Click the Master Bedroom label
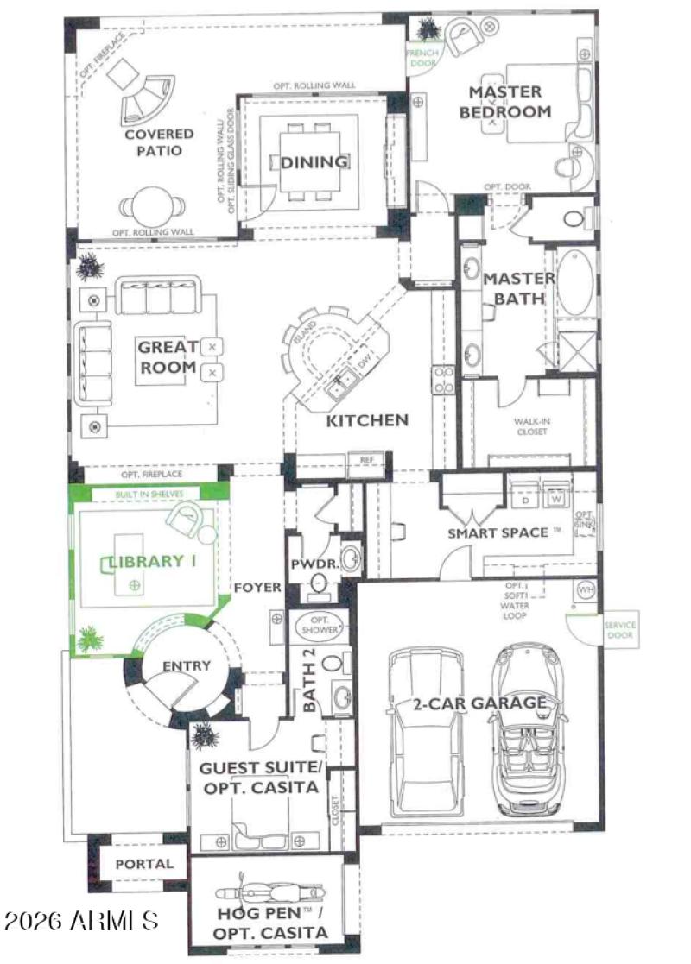pos(505,101)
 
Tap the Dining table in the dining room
pos(314,162)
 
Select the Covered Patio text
pos(158,142)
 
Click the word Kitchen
pos(367,421)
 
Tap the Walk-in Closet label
pos(532,426)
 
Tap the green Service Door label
pos(618,629)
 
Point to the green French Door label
pos(425,57)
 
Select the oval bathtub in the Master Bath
pos(574,283)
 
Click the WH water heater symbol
pos(584,589)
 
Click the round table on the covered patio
pos(152,205)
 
